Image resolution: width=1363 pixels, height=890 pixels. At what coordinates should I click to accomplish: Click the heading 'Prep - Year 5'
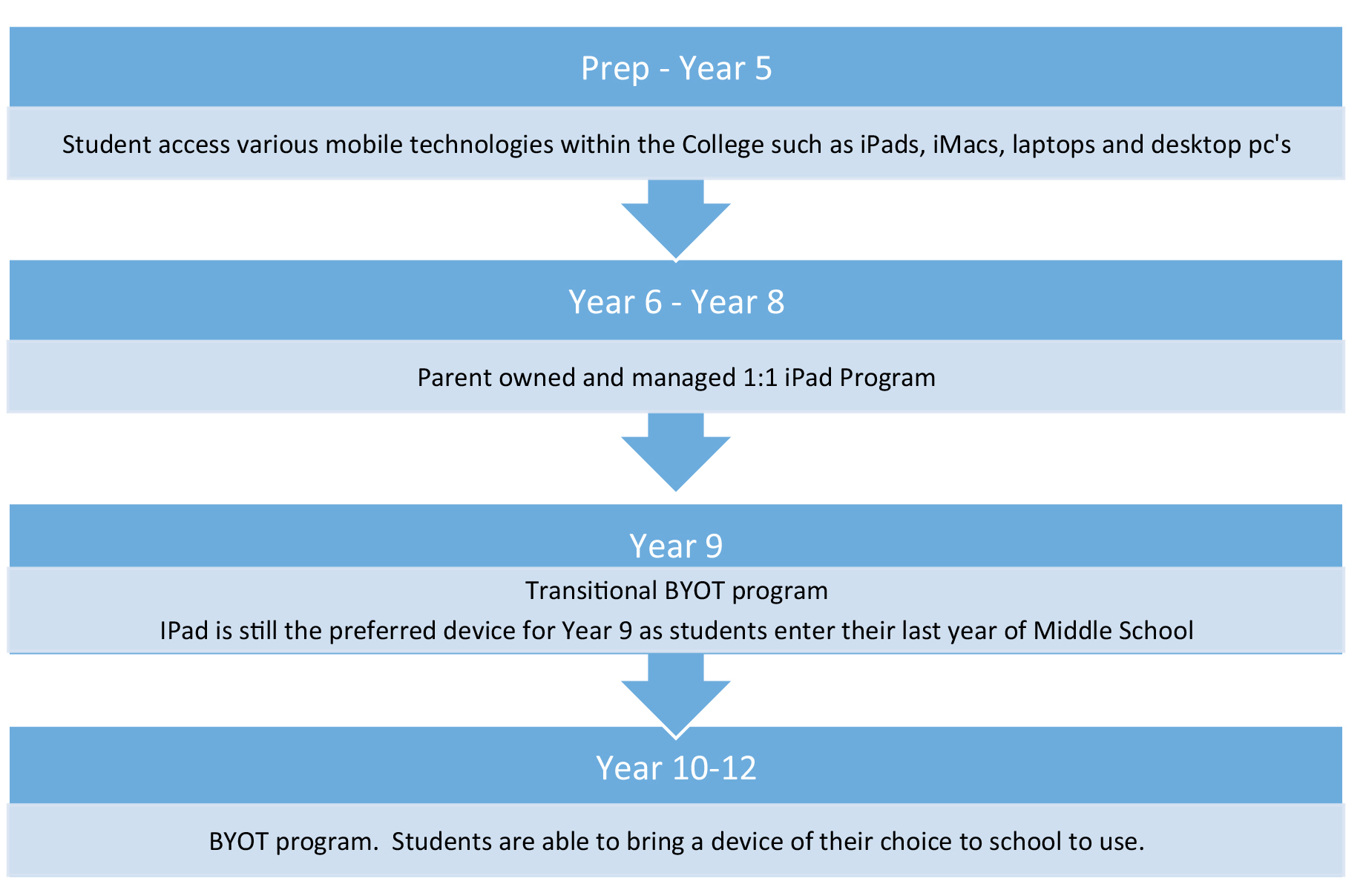[676, 68]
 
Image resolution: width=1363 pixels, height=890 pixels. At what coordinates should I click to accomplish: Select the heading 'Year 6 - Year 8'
[676, 302]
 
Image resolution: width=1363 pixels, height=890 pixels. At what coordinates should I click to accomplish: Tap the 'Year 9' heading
[676, 546]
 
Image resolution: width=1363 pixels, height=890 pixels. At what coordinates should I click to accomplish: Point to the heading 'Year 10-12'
[676, 768]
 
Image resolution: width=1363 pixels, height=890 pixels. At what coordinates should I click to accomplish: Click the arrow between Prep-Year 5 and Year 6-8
[676, 220]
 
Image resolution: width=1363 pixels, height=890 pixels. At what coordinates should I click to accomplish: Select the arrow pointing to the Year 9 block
[676, 452]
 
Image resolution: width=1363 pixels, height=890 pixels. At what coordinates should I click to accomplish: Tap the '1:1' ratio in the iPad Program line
[760, 378]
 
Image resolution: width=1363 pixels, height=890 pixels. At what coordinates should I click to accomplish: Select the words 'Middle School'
[1113, 631]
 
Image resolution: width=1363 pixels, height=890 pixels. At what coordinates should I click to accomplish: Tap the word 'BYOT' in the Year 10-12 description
[238, 842]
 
